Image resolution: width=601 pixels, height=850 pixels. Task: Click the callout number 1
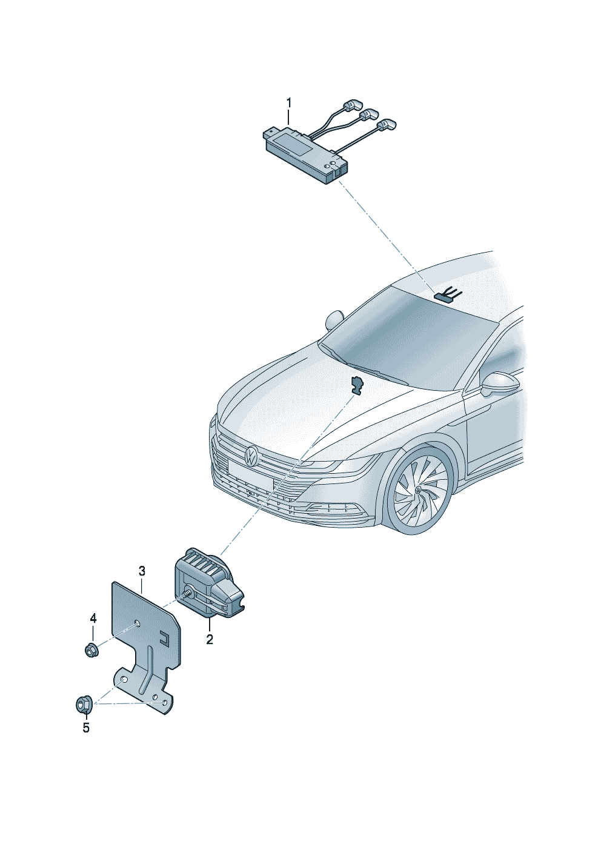(289, 103)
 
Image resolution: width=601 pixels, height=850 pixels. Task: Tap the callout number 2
(210, 639)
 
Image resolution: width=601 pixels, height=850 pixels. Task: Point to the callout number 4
(93, 619)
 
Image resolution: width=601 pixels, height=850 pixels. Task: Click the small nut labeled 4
(91, 649)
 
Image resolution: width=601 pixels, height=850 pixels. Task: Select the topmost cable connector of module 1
(353, 105)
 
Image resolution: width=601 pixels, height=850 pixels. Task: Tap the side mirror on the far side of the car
(334, 321)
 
